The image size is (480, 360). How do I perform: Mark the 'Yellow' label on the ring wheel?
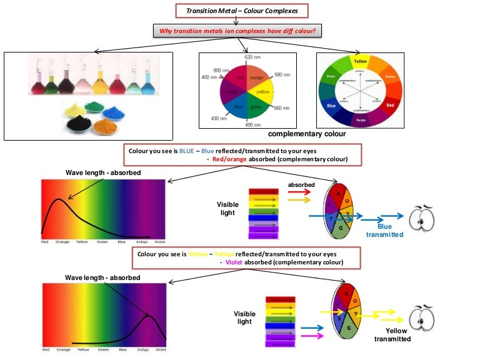[x=360, y=61]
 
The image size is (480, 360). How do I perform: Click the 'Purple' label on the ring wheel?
[x=360, y=119]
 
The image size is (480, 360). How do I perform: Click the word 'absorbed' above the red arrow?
[x=300, y=185]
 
